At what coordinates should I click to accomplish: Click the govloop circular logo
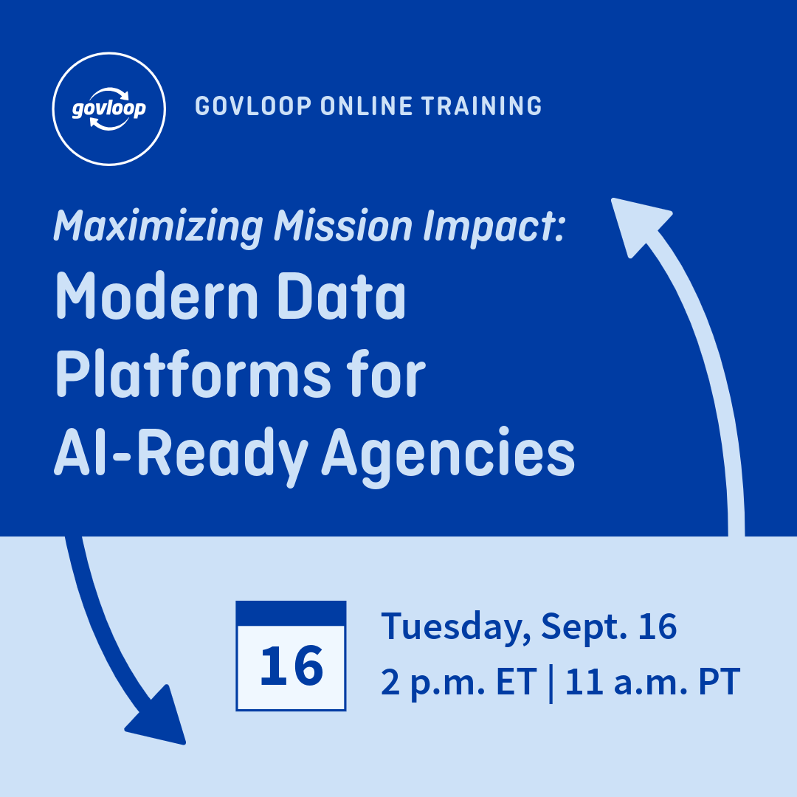click(109, 108)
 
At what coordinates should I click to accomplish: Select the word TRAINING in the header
click(482, 106)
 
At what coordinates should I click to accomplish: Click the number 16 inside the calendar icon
click(291, 666)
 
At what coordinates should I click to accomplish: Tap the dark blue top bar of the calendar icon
click(291, 613)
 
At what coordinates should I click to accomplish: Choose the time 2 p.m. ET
click(457, 683)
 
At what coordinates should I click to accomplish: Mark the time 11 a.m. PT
click(652, 683)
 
